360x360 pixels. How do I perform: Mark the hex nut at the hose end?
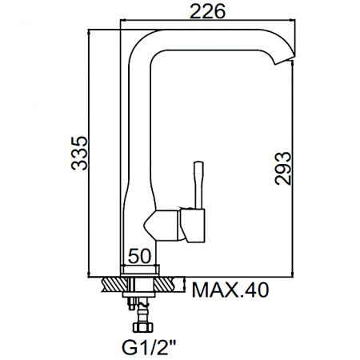coord(142,327)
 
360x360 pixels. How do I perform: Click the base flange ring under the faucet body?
coord(142,270)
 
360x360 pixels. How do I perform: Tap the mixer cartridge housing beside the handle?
coord(194,226)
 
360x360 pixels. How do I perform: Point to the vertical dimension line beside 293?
coord(297,169)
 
